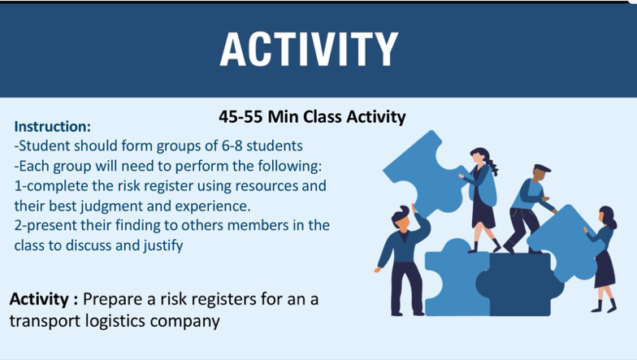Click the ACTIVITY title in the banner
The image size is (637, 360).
tap(309, 49)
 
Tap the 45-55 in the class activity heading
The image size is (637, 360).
tap(240, 117)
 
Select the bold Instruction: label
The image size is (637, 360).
tap(53, 127)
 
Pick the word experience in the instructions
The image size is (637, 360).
tap(214, 205)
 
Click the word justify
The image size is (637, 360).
tap(159, 244)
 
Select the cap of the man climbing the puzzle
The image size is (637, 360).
tap(541, 168)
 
